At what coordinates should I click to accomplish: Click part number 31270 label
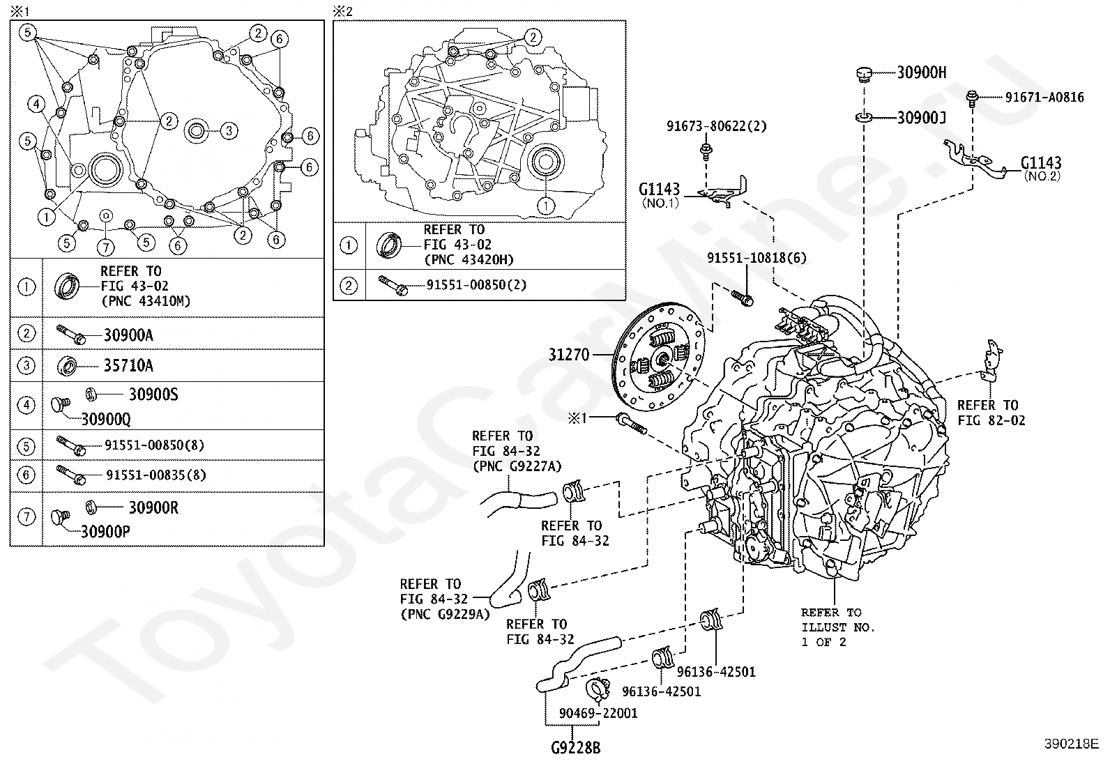pyautogui.click(x=569, y=355)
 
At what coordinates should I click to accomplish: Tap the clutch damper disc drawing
pyautogui.click(x=659, y=357)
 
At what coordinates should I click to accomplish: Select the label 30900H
pyautogui.click(x=922, y=72)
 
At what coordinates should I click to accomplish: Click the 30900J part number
pyautogui.click(x=922, y=117)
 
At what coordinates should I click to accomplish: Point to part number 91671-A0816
pyautogui.click(x=1044, y=97)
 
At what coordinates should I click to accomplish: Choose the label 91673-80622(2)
pyautogui.click(x=716, y=126)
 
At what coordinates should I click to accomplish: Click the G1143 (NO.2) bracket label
pyautogui.click(x=1041, y=169)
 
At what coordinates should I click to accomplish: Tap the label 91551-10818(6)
pyautogui.click(x=757, y=258)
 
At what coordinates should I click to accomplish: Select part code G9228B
pyautogui.click(x=576, y=748)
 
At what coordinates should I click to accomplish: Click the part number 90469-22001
pyautogui.click(x=598, y=713)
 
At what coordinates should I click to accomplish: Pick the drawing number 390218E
pyautogui.click(x=1072, y=744)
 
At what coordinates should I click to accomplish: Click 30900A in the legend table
pyautogui.click(x=128, y=335)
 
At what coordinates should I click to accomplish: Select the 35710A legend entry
pyautogui.click(x=128, y=366)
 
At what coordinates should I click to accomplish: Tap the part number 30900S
pyautogui.click(x=153, y=395)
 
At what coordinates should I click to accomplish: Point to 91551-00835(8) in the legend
pyautogui.click(x=155, y=475)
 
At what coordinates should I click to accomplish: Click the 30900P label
pyautogui.click(x=105, y=532)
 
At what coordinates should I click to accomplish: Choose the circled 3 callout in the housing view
pyautogui.click(x=229, y=131)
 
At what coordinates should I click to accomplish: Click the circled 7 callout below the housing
pyautogui.click(x=105, y=247)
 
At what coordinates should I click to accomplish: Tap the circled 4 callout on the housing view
pyautogui.click(x=36, y=104)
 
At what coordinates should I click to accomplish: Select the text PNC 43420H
pyautogui.click(x=469, y=259)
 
